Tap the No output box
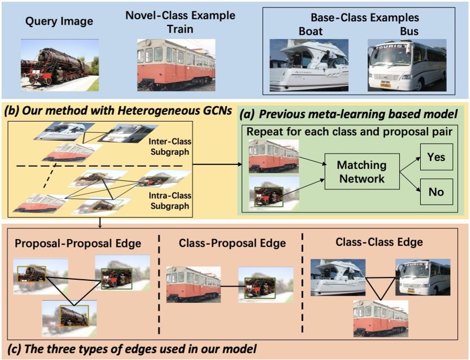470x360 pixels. tap(436, 192)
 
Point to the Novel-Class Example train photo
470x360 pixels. tap(176, 65)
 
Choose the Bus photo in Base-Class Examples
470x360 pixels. tap(407, 66)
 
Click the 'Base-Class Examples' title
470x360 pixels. tap(365, 18)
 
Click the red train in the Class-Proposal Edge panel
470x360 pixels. tap(193, 284)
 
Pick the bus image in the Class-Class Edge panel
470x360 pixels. tap(422, 277)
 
